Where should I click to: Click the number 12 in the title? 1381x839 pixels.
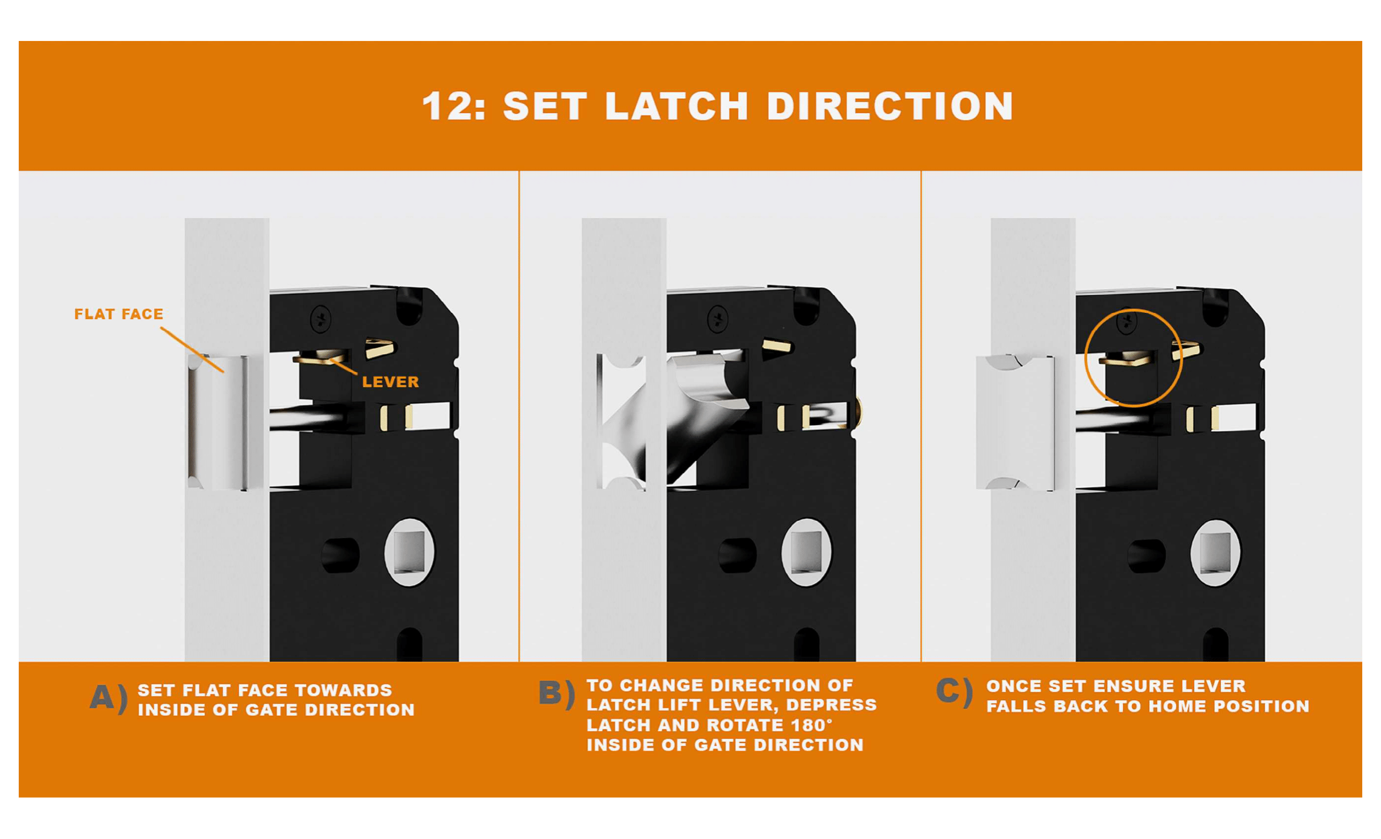[x=447, y=106]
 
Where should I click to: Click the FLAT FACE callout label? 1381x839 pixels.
[x=119, y=314]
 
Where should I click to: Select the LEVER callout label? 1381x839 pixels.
[x=391, y=382]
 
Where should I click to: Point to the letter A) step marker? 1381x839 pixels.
[x=109, y=699]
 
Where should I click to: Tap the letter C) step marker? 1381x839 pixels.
[x=954, y=692]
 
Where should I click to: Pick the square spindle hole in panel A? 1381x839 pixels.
[x=409, y=552]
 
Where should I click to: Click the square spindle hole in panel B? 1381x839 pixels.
[x=806, y=552]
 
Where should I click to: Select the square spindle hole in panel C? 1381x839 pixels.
[x=1215, y=552]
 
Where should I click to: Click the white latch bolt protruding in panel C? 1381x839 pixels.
[x=1015, y=423]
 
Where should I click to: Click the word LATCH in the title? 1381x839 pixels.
[x=677, y=106]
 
